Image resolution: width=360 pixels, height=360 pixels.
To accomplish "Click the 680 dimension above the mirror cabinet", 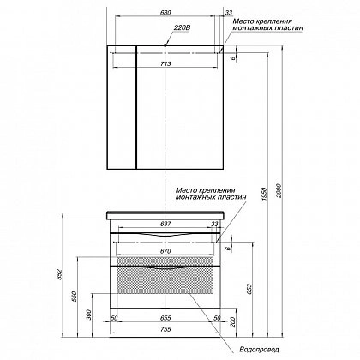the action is pyautogui.click(x=165, y=12).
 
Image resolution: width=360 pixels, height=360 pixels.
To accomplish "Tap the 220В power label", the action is pyautogui.click(x=182, y=28).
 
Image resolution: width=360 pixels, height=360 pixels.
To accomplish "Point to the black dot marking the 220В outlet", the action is pyautogui.click(x=165, y=45).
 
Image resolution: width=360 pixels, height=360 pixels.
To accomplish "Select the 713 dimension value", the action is pyautogui.click(x=165, y=63).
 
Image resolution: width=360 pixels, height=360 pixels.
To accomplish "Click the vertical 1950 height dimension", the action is pyautogui.click(x=264, y=194).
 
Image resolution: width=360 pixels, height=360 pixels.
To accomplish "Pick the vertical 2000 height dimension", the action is pyautogui.click(x=279, y=190).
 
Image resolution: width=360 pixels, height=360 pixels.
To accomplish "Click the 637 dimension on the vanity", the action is pyautogui.click(x=165, y=224).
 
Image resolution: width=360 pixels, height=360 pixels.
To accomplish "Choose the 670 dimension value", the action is pyautogui.click(x=165, y=251).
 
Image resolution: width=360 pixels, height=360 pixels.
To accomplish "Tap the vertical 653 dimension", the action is pyautogui.click(x=249, y=289).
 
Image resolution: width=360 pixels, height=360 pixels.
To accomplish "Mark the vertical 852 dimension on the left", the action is pyautogui.click(x=59, y=274).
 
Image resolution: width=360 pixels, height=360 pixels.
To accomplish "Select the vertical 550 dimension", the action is pyautogui.click(x=75, y=297).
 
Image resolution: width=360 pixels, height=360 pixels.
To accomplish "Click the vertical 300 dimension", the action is pyautogui.click(x=89, y=315).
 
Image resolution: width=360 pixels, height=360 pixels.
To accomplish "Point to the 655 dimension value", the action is pyautogui.click(x=165, y=318).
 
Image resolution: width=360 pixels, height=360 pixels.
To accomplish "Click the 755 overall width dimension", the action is pyautogui.click(x=165, y=329).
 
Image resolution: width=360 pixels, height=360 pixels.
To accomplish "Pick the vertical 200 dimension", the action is pyautogui.click(x=233, y=322).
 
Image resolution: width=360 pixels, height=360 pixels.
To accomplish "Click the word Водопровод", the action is pyautogui.click(x=259, y=350).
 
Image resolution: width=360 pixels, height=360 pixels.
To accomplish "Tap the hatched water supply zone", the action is pyautogui.click(x=165, y=275).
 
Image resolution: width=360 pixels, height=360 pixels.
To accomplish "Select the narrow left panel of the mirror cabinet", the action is pyautogui.click(x=122, y=107).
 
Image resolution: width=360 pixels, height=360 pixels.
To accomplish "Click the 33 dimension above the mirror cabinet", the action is pyautogui.click(x=229, y=12).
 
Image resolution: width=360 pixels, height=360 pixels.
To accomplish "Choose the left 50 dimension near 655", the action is pyautogui.click(x=114, y=318).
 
